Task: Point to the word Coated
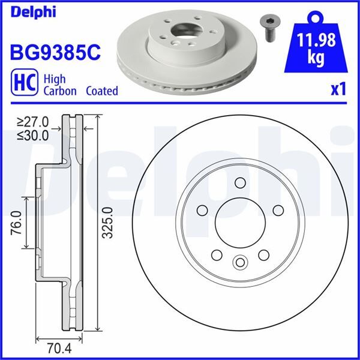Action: (x=102, y=91)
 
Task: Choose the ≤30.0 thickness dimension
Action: (x=34, y=136)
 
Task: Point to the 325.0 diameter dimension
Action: (x=107, y=223)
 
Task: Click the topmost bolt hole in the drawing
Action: (x=240, y=183)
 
